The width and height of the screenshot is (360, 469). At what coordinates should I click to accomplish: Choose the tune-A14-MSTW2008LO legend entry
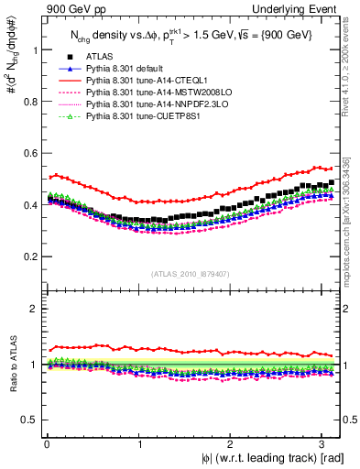(134, 93)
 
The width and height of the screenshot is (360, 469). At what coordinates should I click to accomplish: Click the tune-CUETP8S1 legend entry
(125, 116)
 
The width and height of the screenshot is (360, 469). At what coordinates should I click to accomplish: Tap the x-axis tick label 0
(46, 446)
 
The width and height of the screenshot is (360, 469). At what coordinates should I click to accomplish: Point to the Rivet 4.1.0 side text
(351, 68)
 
